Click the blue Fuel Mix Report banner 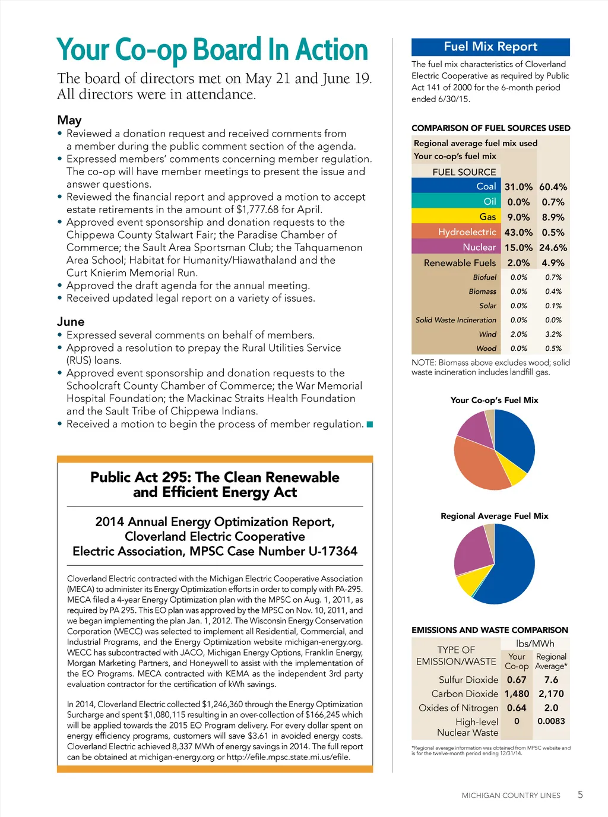click(x=490, y=47)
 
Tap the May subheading click(x=69, y=121)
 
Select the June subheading click(x=71, y=322)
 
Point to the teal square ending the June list click(x=370, y=424)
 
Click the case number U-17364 click(x=332, y=552)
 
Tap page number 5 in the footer click(x=580, y=794)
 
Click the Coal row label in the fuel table click(x=486, y=186)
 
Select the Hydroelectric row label click(x=467, y=232)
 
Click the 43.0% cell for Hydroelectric click(x=518, y=233)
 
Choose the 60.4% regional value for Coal click(x=553, y=187)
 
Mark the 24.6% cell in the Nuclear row click(x=553, y=248)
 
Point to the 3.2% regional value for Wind click(x=553, y=334)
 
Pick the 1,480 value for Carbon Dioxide click(x=517, y=693)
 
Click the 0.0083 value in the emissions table click(x=551, y=721)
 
